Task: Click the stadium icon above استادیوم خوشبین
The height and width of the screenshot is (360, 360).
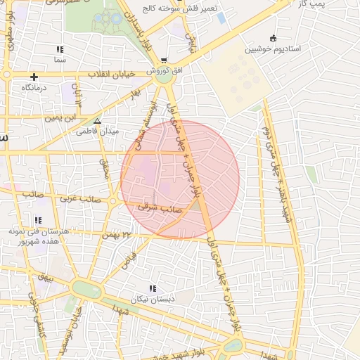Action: coord(273,38)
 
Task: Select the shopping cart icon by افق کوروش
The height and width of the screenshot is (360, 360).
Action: coord(164,61)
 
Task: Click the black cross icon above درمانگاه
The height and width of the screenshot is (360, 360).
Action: coord(33,76)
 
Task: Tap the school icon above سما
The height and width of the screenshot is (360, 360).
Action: coord(60,49)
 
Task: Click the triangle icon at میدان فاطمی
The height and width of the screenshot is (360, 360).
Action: coord(97,120)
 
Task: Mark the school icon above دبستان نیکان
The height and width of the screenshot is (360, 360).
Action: coord(152,288)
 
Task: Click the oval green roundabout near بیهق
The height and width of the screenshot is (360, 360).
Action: coord(86,289)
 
